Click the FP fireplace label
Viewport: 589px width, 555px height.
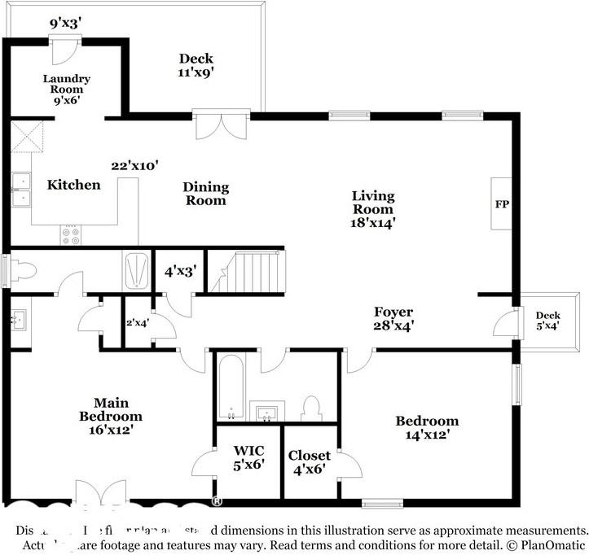point(501,203)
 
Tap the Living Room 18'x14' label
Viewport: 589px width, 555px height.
point(373,208)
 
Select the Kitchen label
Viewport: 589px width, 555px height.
point(73,185)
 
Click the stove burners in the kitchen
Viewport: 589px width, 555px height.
point(71,236)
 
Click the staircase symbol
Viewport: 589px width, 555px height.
point(248,272)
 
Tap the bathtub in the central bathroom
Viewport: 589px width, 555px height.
point(231,387)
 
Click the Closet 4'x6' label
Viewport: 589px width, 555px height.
point(310,462)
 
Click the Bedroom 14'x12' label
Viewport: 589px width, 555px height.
point(427,427)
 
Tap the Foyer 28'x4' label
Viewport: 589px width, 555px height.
point(393,318)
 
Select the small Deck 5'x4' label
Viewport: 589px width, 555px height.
point(547,321)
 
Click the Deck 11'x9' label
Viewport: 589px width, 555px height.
point(196,64)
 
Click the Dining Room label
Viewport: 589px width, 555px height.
point(206,193)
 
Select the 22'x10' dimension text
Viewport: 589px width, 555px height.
point(134,165)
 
